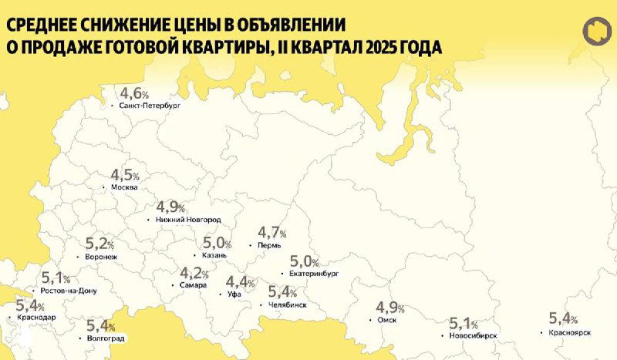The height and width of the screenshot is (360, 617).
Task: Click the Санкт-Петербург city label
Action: click(x=149, y=106)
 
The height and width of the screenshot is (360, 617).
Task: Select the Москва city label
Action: click(x=124, y=187)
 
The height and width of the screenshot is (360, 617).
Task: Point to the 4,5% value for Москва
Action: click(x=126, y=175)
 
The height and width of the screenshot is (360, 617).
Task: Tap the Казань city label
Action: click(x=212, y=255)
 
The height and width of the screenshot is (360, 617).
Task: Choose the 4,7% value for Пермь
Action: click(x=272, y=232)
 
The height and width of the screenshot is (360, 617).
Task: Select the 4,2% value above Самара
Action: click(x=194, y=273)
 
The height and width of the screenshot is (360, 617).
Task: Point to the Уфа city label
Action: click(x=234, y=294)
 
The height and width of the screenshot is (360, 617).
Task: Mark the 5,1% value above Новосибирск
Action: click(x=465, y=324)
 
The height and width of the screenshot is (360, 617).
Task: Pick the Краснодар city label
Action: click(x=35, y=317)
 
